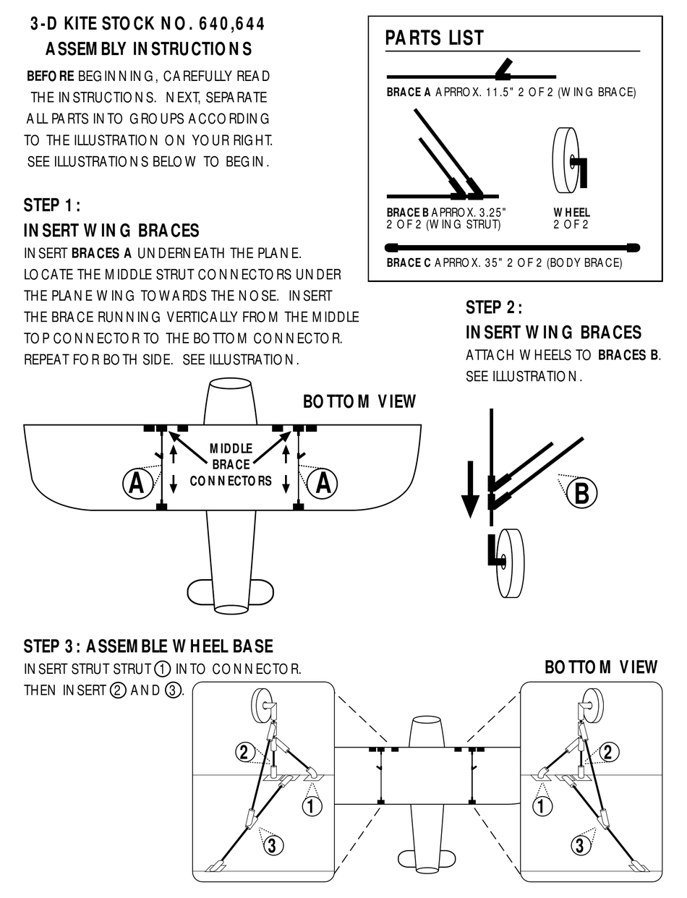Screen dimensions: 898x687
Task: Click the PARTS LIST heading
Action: coord(434,38)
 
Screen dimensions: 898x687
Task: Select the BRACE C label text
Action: coord(409,262)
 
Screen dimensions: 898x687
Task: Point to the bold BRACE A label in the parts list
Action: coord(409,93)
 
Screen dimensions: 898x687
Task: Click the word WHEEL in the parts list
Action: coord(571,213)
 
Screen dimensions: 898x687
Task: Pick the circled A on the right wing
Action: coord(323,482)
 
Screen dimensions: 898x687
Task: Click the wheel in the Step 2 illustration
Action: coord(511,563)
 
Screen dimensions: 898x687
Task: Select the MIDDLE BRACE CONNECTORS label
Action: coord(231,464)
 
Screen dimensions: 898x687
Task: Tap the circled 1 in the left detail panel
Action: coord(312,805)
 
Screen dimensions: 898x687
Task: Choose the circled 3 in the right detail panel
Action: coord(581,843)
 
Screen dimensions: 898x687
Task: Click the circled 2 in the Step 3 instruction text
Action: coord(117,690)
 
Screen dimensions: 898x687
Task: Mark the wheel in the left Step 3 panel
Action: coord(262,703)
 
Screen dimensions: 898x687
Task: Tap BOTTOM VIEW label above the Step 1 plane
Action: coord(359,401)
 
